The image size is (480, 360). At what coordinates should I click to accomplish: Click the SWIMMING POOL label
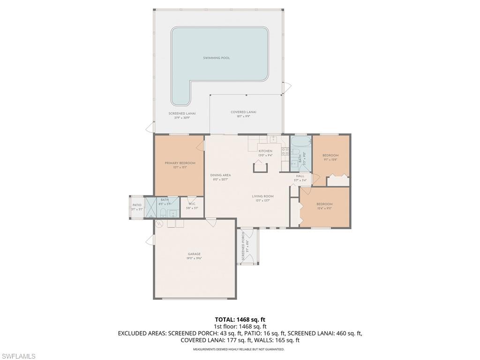pos(217,58)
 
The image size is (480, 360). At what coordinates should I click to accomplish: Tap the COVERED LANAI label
pos(243,112)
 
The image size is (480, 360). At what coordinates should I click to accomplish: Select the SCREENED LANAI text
pos(182,113)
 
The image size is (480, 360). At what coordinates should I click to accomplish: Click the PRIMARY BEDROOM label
pos(180,163)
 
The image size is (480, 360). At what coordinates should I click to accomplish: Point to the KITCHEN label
pos(265,151)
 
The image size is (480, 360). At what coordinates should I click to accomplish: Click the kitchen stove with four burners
pos(285,151)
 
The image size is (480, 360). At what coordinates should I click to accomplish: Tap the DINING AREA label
pos(220,175)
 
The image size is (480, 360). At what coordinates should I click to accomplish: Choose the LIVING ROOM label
pos(263,196)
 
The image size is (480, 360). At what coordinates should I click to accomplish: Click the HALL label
pos(300,176)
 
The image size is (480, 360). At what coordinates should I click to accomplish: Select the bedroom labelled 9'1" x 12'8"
pos(330,156)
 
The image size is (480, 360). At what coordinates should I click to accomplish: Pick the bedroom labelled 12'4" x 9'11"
pos(324,204)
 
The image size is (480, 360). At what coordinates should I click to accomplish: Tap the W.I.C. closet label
pos(192,204)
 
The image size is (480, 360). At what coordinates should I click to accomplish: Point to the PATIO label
pos(136,205)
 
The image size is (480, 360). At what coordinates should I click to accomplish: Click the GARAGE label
pos(194,254)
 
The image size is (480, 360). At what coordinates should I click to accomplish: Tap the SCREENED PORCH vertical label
pos(243,247)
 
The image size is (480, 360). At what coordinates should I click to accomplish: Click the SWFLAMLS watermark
pos(18,356)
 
